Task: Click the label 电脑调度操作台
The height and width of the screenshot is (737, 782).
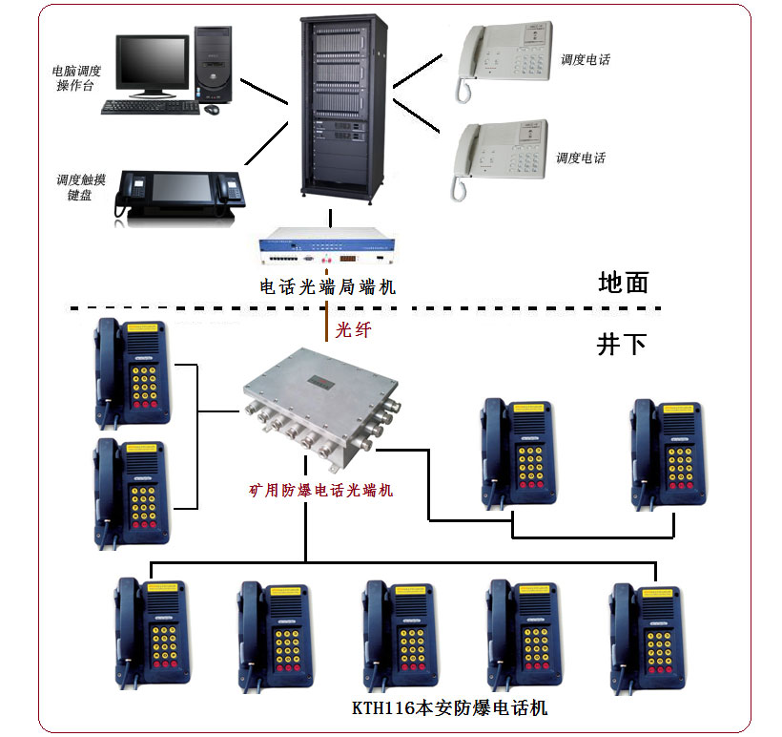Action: tap(76, 78)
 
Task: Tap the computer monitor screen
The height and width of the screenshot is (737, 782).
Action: tap(153, 62)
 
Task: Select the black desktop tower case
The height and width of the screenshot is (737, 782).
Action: tap(213, 64)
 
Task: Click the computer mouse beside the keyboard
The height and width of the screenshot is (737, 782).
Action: tap(212, 109)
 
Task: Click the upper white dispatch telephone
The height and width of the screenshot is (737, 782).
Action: tap(503, 60)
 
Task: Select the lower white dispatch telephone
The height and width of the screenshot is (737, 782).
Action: tap(499, 158)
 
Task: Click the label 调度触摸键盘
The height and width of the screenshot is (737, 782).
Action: tap(80, 187)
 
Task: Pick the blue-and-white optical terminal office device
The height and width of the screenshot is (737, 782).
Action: tap(327, 245)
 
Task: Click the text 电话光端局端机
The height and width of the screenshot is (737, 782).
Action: tap(328, 287)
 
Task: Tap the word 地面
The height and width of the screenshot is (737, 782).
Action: tap(624, 283)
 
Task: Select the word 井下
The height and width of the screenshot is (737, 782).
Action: tap(622, 345)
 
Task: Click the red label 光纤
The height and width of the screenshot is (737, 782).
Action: tap(354, 329)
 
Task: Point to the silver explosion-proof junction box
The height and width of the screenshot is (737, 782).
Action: tap(321, 407)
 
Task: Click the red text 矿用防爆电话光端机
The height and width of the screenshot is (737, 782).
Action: tap(320, 491)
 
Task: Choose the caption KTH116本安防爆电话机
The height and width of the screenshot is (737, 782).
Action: tap(450, 707)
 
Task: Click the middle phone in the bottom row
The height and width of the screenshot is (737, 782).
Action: tap(400, 636)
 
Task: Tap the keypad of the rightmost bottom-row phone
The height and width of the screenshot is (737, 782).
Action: tap(659, 652)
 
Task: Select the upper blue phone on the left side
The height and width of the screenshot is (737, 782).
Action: tap(133, 374)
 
